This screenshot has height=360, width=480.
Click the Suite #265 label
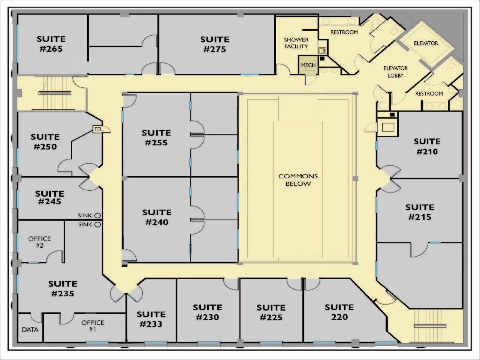point(51,44)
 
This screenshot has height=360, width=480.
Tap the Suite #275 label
point(215,44)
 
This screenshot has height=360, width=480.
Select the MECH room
point(308,65)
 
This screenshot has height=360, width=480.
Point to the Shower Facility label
point(296,43)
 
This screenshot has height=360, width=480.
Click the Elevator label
point(426,43)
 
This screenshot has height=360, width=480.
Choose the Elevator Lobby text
point(395,72)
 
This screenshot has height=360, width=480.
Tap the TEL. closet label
point(99,129)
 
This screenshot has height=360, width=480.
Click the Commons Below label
point(298,180)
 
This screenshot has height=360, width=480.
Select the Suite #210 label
point(427,146)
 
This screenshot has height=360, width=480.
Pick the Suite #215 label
point(420,212)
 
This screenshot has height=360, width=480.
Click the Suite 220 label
point(339,312)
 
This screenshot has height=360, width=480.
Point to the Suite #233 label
point(151,319)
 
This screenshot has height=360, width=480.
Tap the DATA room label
point(30,330)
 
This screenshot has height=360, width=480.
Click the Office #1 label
point(93,326)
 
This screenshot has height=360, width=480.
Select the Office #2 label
point(40,242)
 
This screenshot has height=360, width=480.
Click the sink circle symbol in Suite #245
point(97,215)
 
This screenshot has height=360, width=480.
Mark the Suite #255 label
point(156,137)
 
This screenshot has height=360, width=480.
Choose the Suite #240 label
point(157,217)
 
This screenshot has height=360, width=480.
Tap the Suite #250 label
point(45,142)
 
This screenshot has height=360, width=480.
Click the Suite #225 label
point(271,312)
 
